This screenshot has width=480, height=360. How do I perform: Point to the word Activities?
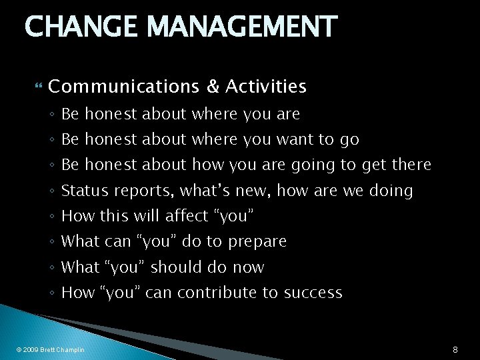(265, 86)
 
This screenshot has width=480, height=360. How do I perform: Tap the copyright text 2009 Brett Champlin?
(51, 349)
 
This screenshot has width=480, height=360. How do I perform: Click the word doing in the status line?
(391, 191)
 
